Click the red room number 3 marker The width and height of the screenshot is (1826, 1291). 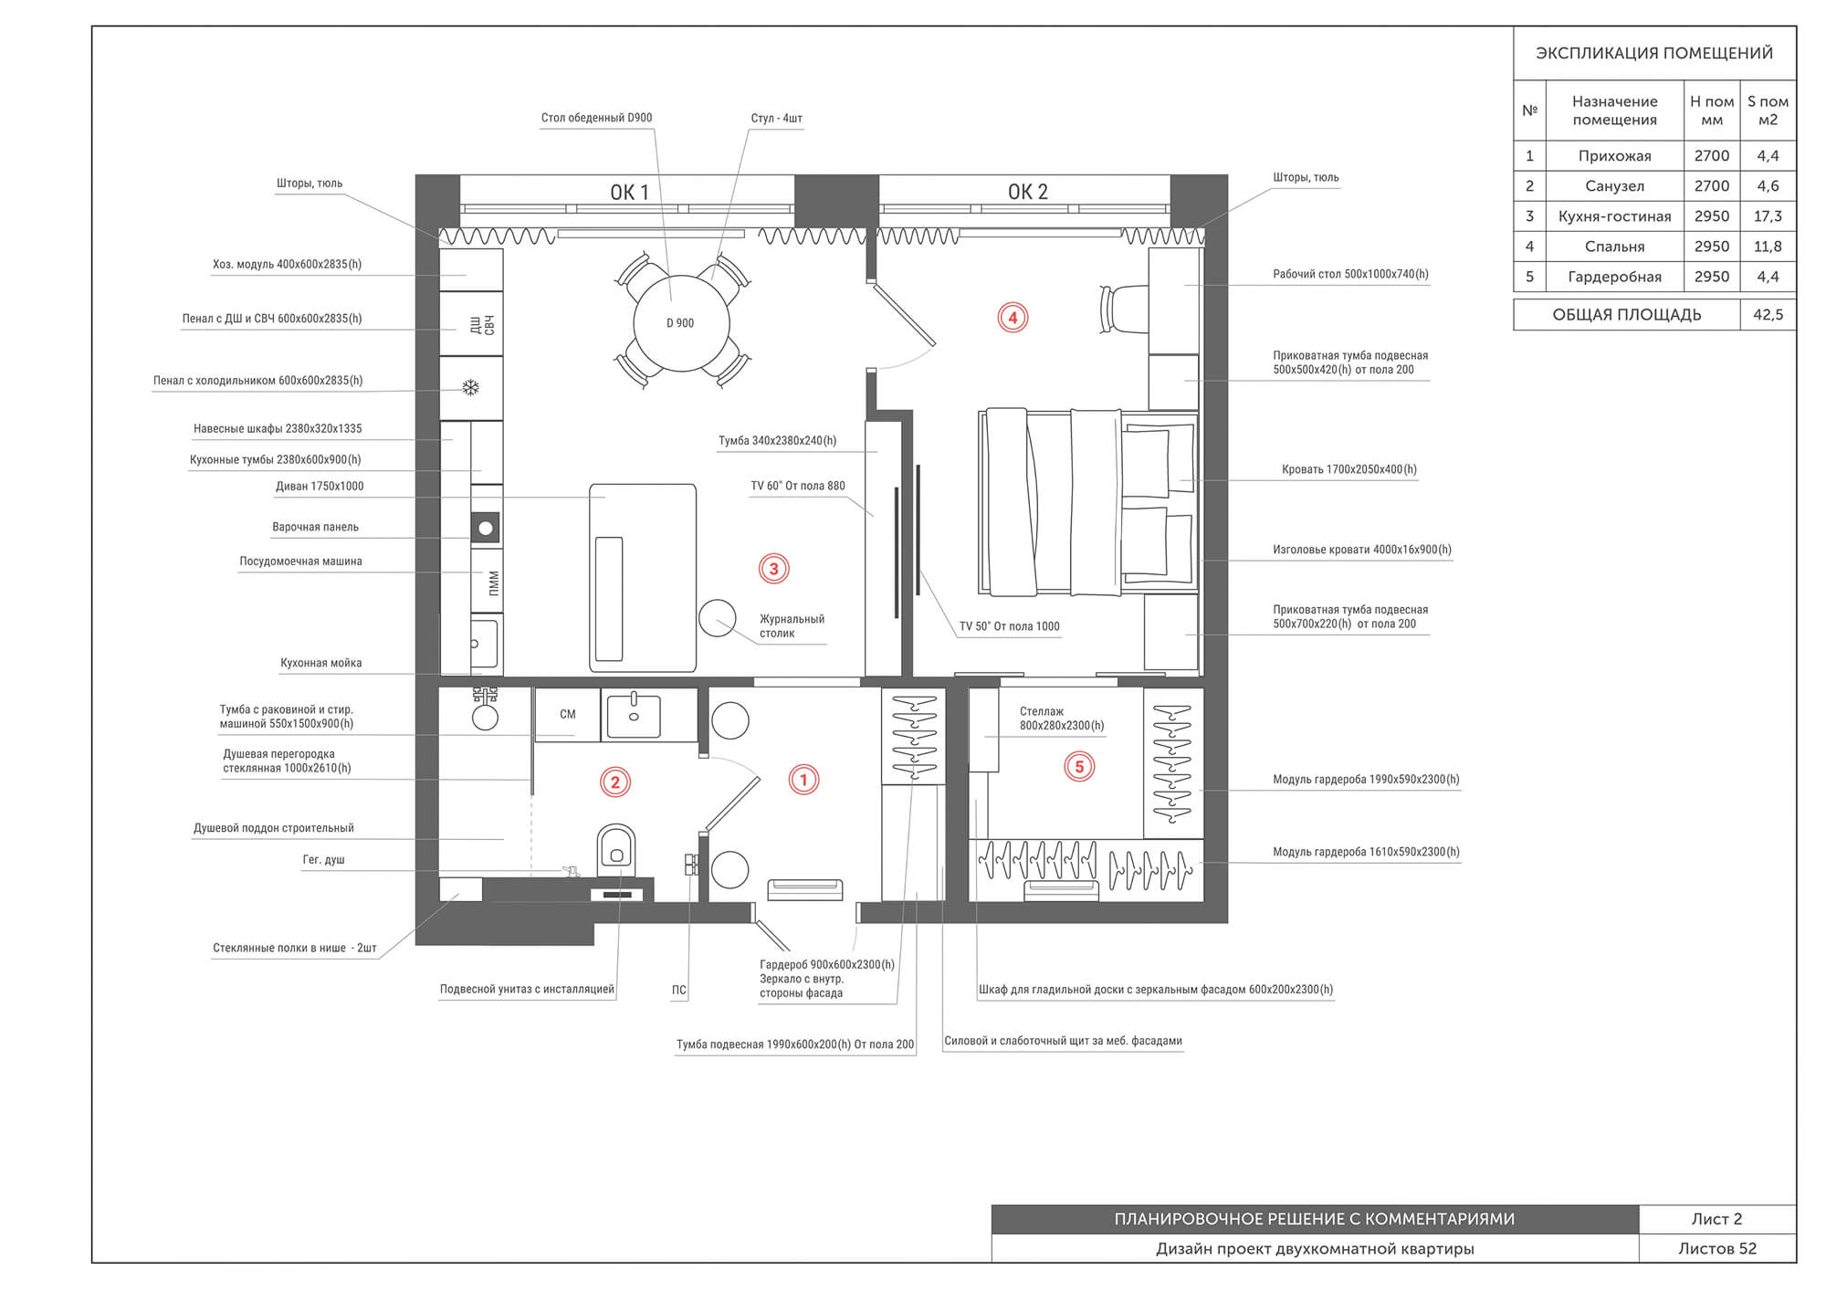pos(773,569)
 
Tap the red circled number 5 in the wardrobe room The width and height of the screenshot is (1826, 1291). pos(1079,766)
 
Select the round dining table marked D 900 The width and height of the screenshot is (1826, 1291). pos(681,323)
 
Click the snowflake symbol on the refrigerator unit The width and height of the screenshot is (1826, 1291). pos(470,388)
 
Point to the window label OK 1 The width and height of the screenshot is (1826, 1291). pos(629,193)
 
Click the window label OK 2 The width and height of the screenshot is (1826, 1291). pos(1027,192)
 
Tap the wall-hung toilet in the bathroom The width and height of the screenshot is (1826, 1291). pos(616,849)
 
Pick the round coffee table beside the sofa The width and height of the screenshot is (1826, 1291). pos(718,618)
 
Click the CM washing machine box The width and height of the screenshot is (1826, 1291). pos(567,714)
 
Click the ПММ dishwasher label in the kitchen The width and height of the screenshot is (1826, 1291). pos(494,583)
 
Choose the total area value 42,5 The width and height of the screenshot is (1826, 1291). pos(1768,315)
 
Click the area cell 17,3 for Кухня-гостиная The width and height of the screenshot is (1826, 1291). pos(1768,216)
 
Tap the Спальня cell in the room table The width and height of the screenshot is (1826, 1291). pos(1614,247)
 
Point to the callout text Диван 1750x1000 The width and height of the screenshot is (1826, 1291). pos(320,487)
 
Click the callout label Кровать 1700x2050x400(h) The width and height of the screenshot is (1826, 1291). pos(1349,469)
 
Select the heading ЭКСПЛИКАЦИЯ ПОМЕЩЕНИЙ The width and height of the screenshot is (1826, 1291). pos(1654,53)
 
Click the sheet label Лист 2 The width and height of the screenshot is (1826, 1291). pos(1716,1219)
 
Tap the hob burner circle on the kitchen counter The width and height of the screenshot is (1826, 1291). pos(486,528)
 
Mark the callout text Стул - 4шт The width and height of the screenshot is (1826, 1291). pos(776,119)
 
